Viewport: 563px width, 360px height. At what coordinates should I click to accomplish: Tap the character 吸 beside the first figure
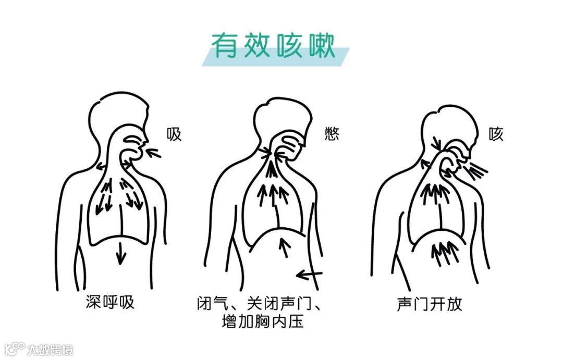[x=174, y=134]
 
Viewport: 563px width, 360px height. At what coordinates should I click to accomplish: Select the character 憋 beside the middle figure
[x=331, y=134]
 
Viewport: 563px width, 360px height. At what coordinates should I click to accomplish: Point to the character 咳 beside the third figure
[x=496, y=134]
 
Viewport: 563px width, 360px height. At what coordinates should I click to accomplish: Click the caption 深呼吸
[x=110, y=302]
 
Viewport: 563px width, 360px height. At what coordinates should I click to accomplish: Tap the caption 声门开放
[x=430, y=304]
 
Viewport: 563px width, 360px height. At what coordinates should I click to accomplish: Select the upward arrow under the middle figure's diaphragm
[x=284, y=247]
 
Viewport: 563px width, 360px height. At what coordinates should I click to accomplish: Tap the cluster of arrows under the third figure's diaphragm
[x=444, y=251]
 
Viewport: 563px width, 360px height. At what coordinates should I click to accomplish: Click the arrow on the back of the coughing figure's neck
[x=436, y=141]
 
